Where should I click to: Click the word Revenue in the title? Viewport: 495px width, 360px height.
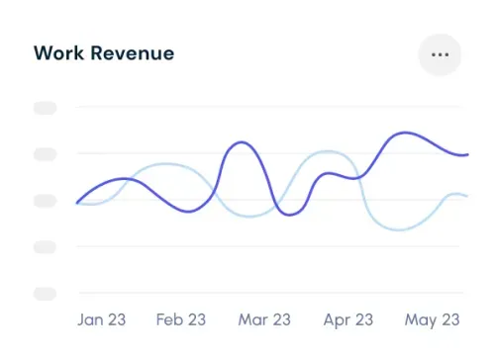click(x=133, y=53)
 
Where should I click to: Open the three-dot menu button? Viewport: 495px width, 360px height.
click(x=441, y=54)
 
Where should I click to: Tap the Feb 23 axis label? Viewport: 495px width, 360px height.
click(x=181, y=319)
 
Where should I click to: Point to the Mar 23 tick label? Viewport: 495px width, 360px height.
click(x=264, y=319)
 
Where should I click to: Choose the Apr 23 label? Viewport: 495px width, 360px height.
click(x=348, y=319)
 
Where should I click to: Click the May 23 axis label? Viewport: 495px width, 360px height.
click(x=434, y=319)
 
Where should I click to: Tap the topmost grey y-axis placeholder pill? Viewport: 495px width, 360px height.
click(x=46, y=108)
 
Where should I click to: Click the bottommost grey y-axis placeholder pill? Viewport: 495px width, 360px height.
click(x=46, y=293)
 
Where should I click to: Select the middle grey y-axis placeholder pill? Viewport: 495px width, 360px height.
click(x=46, y=200)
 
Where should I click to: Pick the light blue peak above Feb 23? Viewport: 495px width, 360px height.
click(x=166, y=164)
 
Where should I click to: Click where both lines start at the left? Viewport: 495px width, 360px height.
click(x=77, y=203)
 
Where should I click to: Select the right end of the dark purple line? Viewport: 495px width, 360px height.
click(x=466, y=155)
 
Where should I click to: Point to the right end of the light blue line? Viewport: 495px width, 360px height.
click(x=466, y=196)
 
